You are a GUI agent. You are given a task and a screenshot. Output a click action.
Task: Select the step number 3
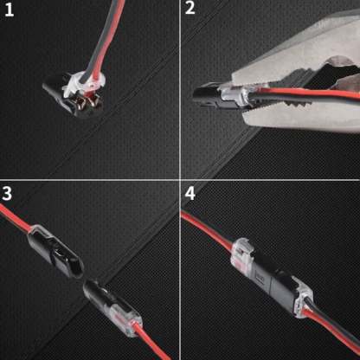coord(10,192)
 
